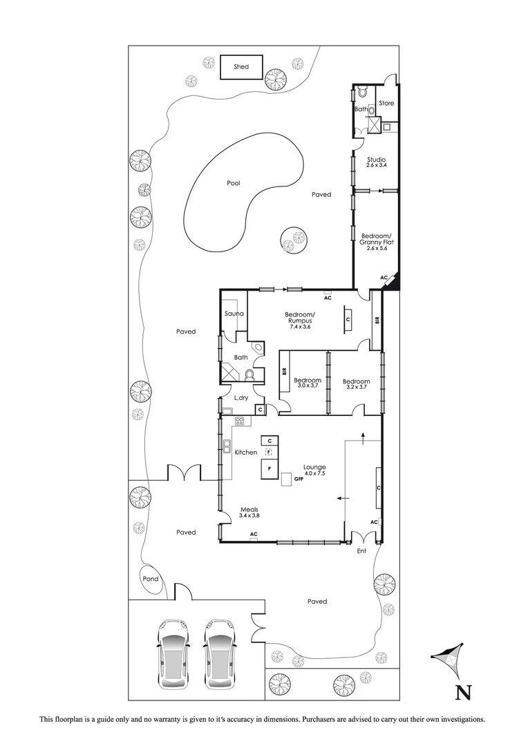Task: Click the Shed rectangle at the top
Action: point(241,67)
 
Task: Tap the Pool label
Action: point(234,184)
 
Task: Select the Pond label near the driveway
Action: point(150,579)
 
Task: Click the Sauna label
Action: point(232,314)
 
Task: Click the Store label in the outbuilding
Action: point(386,103)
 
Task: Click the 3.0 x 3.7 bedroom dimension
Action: point(307,388)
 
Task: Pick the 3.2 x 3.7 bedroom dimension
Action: point(356,388)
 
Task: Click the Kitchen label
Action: point(245,452)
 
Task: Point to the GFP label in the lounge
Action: point(299,478)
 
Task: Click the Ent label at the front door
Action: point(361,551)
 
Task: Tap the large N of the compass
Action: point(462,692)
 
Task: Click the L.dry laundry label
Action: point(241,398)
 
